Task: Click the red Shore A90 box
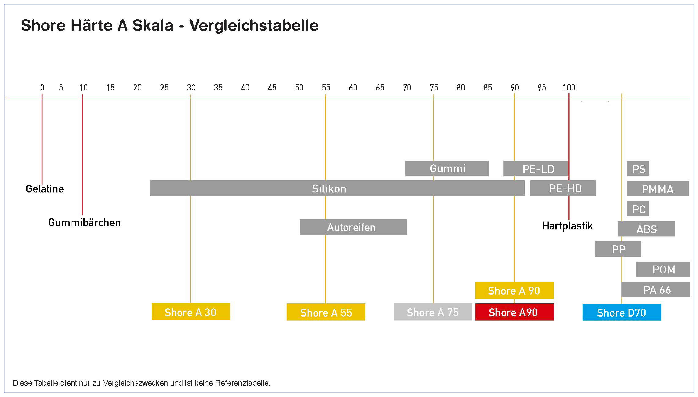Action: tap(514, 312)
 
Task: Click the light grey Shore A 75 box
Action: tap(433, 312)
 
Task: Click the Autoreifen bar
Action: tap(353, 227)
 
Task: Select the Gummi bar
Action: tap(447, 169)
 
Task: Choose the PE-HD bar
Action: tap(563, 188)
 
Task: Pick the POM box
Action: tap(663, 269)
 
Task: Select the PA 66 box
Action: tap(656, 290)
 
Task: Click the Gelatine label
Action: tap(45, 189)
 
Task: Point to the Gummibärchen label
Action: tap(84, 223)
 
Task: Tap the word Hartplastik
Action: tap(567, 226)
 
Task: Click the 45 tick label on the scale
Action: tap(272, 87)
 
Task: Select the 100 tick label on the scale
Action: tap(569, 87)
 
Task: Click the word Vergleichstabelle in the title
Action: tap(254, 26)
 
